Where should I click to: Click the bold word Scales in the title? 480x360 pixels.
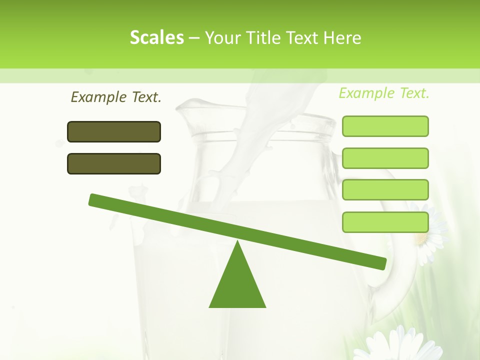tap(156, 37)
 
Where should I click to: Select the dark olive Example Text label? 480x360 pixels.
tap(116, 97)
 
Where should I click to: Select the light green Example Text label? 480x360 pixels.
tap(384, 93)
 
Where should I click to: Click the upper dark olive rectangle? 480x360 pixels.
tap(114, 131)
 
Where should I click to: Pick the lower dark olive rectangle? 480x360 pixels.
tap(114, 163)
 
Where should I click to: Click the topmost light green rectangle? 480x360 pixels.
tap(385, 126)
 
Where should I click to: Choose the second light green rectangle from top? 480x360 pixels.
tap(385, 158)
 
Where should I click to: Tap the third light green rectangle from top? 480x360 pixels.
tap(385, 190)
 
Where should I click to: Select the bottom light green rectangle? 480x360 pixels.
tap(385, 222)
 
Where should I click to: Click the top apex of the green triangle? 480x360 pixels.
tap(237, 243)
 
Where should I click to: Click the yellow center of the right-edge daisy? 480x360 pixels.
tap(421, 239)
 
